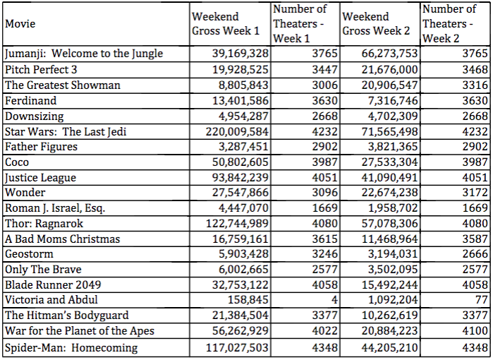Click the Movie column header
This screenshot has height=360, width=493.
[20, 23]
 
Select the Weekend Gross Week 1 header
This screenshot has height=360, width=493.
[226, 23]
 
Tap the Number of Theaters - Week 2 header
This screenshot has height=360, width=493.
[449, 23]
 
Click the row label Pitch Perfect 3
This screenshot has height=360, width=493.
[41, 70]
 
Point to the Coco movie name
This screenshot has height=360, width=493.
[17, 162]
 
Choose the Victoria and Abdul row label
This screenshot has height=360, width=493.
[51, 299]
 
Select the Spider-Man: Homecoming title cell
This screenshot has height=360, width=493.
[71, 348]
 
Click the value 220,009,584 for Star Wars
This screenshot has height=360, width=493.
[238, 131]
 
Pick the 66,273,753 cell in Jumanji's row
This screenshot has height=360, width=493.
[389, 54]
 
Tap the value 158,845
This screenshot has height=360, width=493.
[248, 300]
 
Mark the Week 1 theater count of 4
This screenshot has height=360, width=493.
[334, 300]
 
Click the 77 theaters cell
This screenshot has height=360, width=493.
[482, 300]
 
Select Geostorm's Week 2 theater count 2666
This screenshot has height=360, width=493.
[475, 253]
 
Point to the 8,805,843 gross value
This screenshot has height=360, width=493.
[243, 85]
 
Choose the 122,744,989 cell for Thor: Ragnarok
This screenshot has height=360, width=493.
[238, 224]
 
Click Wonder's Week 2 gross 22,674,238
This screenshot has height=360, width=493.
[389, 193]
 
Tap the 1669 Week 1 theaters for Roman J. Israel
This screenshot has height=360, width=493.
[325, 208]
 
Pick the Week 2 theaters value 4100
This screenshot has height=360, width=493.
[475, 331]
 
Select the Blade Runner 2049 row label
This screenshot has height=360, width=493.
[53, 284]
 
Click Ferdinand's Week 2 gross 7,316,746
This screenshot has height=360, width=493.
[393, 101]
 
